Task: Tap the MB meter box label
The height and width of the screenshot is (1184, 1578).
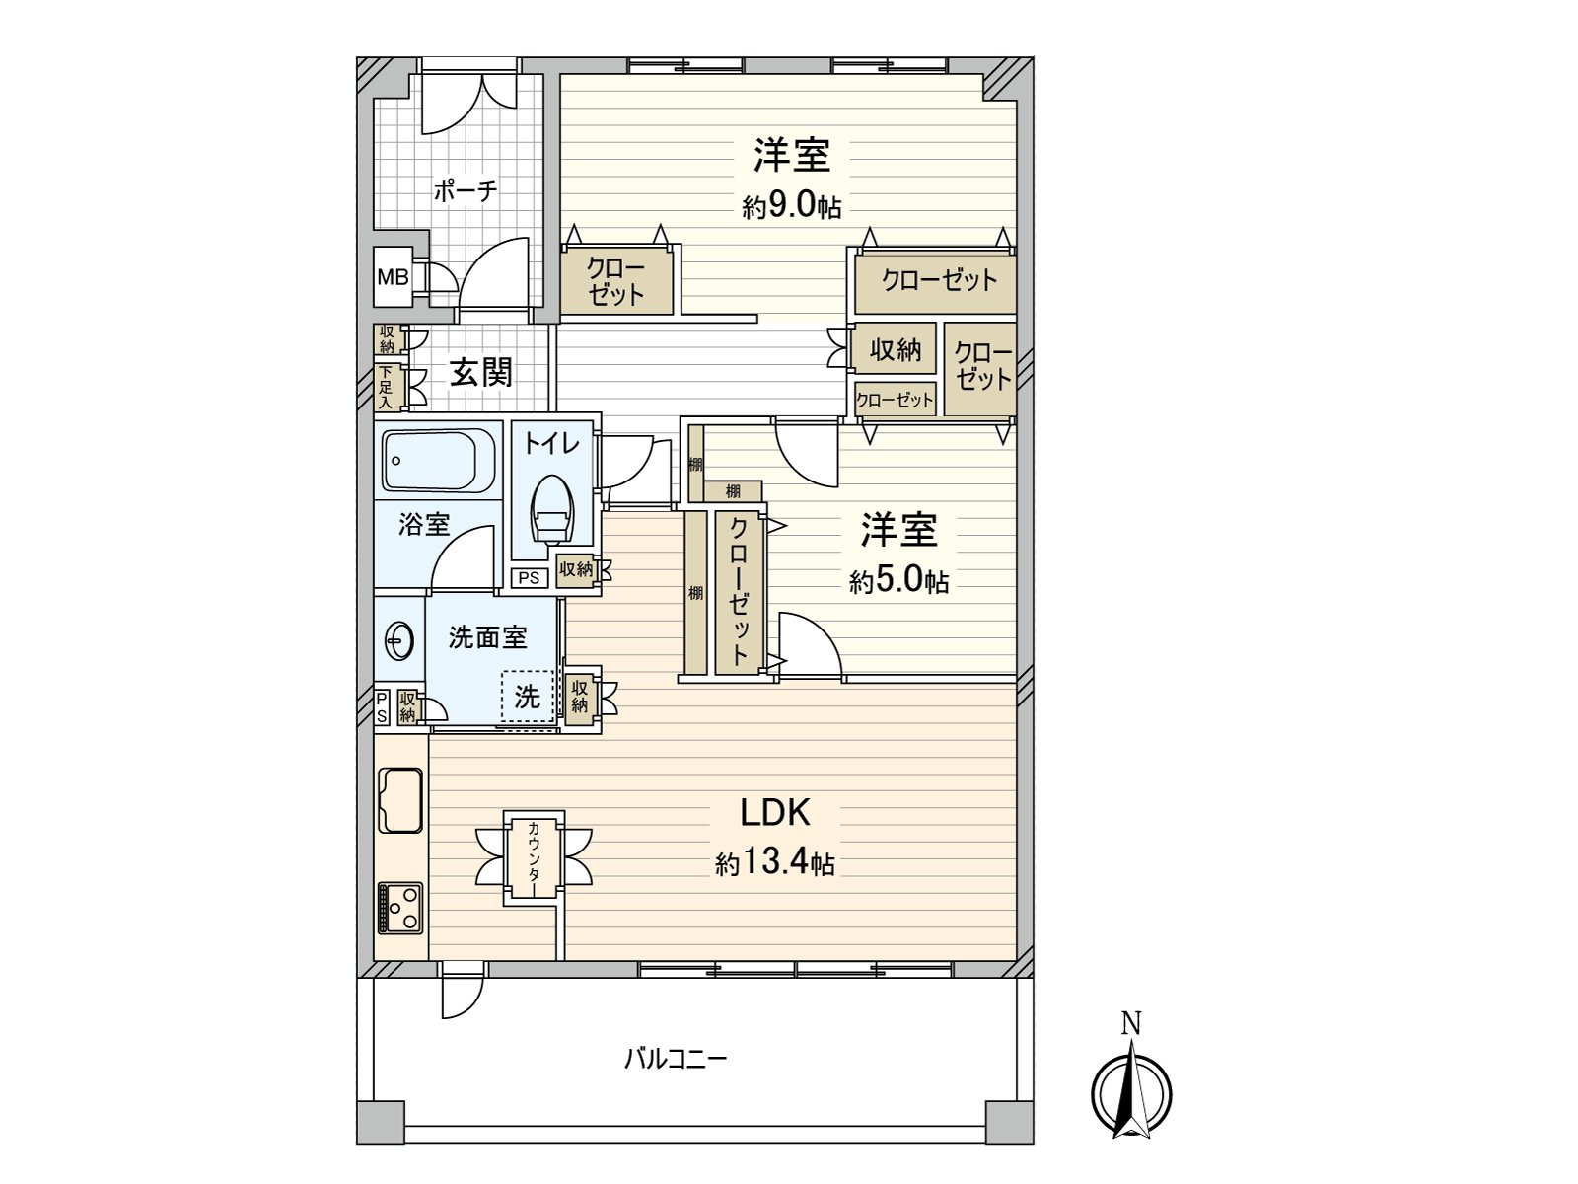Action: coord(393,277)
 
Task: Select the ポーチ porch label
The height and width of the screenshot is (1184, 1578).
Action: coord(465,190)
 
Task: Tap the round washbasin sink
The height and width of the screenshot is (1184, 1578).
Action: coord(398,640)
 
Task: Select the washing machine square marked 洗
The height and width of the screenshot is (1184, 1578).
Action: coord(528,697)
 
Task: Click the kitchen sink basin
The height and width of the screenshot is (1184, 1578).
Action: coord(400,800)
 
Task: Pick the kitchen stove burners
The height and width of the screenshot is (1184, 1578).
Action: coord(400,907)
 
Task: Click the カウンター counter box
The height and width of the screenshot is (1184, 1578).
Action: coord(534,857)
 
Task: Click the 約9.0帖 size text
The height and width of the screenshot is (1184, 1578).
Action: coord(792,206)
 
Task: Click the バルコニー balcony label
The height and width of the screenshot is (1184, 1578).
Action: coord(676,1060)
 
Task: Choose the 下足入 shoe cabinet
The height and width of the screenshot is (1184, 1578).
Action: coord(386,387)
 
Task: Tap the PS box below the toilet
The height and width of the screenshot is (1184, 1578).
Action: coord(529,577)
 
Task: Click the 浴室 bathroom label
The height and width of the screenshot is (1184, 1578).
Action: coord(424,524)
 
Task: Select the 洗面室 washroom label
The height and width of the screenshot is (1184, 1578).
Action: coord(487,637)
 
